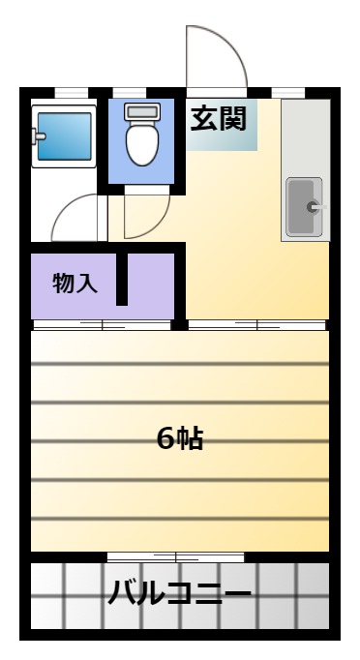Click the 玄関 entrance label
click(218, 119)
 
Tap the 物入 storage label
click(75, 283)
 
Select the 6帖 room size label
click(180, 439)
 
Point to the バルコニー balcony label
click(179, 592)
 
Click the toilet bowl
click(142, 143)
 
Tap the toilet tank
click(142, 111)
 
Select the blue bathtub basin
click(65, 136)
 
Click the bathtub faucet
click(39, 135)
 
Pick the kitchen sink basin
click(304, 207)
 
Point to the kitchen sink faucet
click(316, 207)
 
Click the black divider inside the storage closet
click(122, 279)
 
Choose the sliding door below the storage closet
click(102, 325)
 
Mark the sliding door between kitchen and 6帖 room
click(256, 325)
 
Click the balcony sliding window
click(175, 557)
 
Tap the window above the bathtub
click(72, 93)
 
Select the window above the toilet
click(130, 93)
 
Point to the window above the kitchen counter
click(288, 93)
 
